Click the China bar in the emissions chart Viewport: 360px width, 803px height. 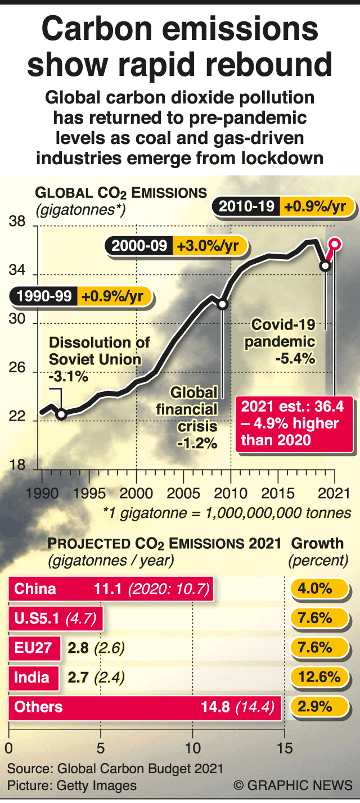point(111,589)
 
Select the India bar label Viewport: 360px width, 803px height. point(31,677)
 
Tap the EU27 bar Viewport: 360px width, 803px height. point(34,648)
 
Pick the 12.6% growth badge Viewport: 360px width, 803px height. point(319,677)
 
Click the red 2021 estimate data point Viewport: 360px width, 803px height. point(335,243)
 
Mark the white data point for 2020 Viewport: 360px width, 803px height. point(325,265)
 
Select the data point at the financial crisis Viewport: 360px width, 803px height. point(222,304)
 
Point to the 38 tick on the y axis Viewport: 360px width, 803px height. point(17,223)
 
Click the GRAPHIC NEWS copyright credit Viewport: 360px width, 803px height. point(293,785)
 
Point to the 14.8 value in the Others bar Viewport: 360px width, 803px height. point(215,707)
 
